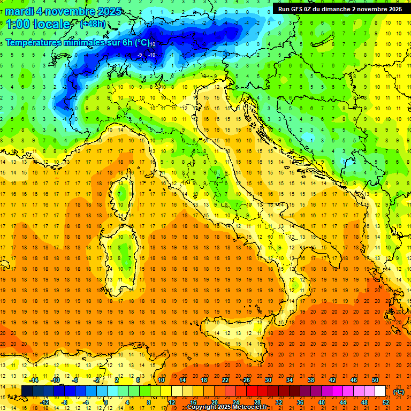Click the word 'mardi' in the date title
coord(19,12)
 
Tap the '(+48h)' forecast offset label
coord(93,24)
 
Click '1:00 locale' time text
coord(38,24)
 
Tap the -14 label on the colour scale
coord(34,380)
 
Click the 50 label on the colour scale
coord(375,380)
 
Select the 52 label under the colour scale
coord(385,402)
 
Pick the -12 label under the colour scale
coord(45,402)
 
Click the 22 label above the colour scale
coord(225,380)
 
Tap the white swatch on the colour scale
coord(380,391)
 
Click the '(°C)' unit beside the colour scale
coord(399,391)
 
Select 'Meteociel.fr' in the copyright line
coord(251,407)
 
